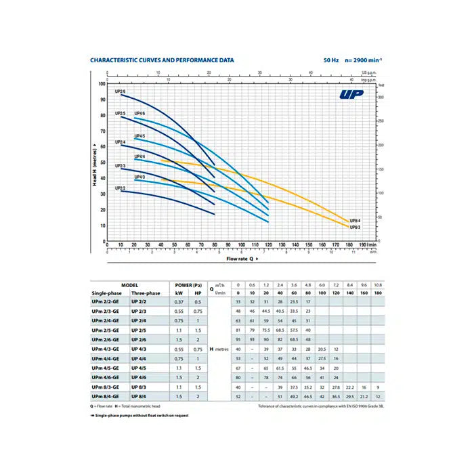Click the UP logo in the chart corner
point(352,94)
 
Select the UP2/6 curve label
point(120,91)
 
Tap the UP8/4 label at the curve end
point(355,221)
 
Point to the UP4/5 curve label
point(139,136)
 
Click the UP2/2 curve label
point(120,188)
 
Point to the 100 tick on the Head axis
point(102,84)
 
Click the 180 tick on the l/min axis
point(349,245)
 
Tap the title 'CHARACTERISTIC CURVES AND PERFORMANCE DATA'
point(163,60)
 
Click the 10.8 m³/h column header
point(379,285)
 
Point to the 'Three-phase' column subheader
point(146,293)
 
